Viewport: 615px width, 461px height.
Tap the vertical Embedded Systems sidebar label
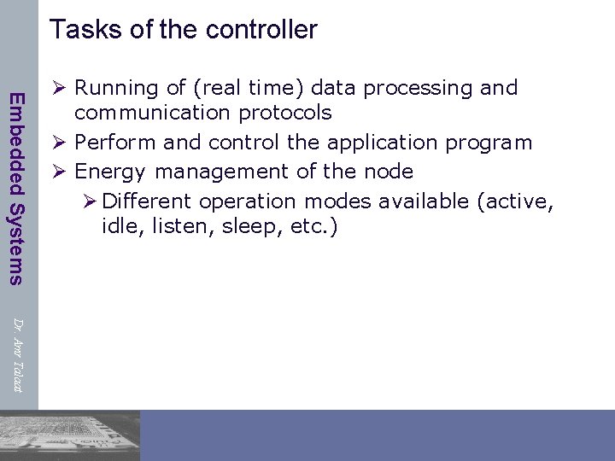tap(16, 187)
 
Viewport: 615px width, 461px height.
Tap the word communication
tap(155, 113)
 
